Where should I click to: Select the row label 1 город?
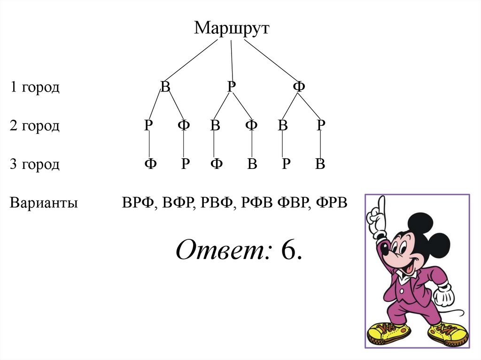pos(35,87)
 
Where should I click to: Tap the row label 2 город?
pos(35,126)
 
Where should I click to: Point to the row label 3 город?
pos(35,164)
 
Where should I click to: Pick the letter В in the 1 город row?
pos(165,87)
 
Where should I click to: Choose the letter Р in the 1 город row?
pos(231,87)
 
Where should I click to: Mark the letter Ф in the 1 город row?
pos(299,87)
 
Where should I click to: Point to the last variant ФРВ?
pos(332,203)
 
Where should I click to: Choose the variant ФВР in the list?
pos(292,203)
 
